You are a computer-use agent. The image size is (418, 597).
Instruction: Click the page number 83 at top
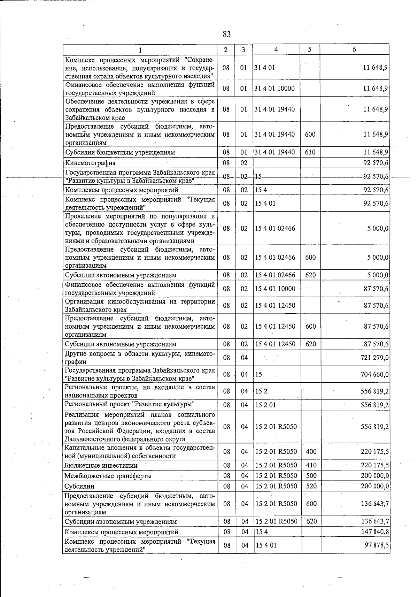tap(226, 34)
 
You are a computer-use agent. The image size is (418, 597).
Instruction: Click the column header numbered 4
tap(276, 49)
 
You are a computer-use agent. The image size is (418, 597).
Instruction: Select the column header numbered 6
tap(354, 49)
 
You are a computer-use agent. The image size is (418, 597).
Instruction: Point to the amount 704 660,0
tap(374, 375)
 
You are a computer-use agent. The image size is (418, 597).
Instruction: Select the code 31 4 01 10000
tap(274, 88)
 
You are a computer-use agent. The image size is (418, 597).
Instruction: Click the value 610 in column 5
tap(310, 152)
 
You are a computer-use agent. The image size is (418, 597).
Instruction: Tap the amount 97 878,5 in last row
tap(377, 545)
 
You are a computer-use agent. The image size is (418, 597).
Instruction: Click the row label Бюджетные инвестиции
tap(101, 465)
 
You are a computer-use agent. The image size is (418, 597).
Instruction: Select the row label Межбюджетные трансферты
tap(108, 476)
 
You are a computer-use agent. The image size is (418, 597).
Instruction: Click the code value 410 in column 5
tap(311, 465)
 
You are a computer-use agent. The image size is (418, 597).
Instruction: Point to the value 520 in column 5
tap(311, 486)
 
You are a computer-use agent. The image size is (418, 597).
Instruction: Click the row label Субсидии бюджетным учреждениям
tap(120, 152)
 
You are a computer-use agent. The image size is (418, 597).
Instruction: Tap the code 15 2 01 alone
tap(265, 405)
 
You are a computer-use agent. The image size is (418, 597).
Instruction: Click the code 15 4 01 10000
tap(275, 289)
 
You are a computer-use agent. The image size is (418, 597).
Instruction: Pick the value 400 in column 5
tap(311, 452)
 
